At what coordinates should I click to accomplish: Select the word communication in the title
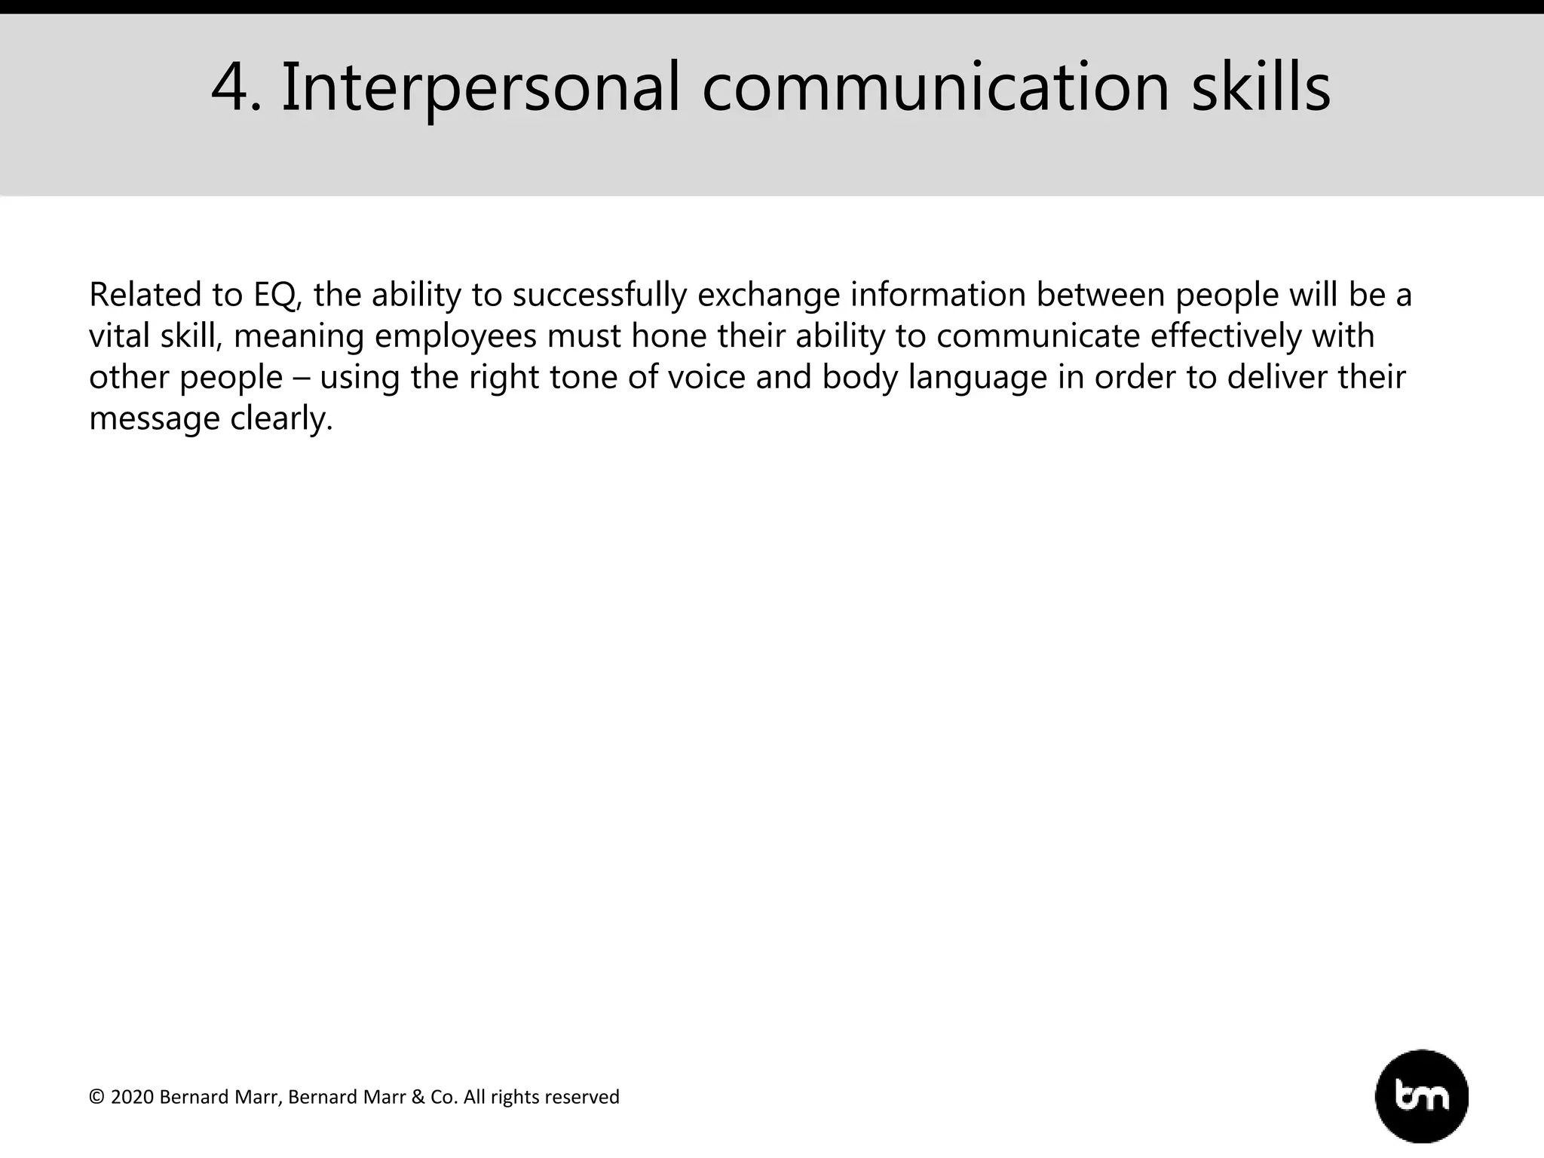click(936, 87)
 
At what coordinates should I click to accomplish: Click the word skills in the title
click(1261, 87)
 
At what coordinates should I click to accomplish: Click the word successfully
click(599, 295)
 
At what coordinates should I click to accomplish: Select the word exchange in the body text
click(768, 295)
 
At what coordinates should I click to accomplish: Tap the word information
click(938, 295)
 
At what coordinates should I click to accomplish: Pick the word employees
click(455, 336)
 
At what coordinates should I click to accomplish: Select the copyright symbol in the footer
click(96, 1097)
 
